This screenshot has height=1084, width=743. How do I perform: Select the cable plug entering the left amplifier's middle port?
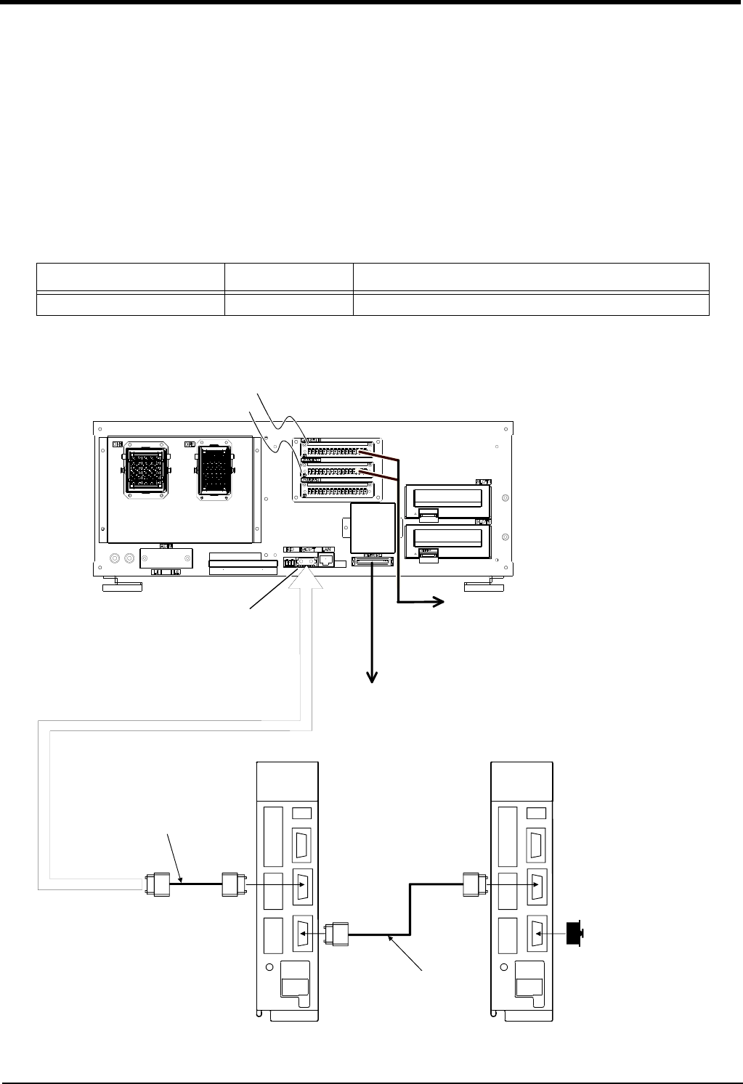pos(232,884)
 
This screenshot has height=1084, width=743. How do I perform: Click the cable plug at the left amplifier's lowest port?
pos(339,933)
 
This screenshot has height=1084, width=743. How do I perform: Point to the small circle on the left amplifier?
pos(269,967)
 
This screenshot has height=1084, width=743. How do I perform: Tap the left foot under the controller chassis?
pos(122,586)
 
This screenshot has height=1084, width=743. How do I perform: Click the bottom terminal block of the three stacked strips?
pos(337,489)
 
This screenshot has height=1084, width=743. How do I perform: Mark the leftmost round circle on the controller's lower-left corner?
pos(114,558)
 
